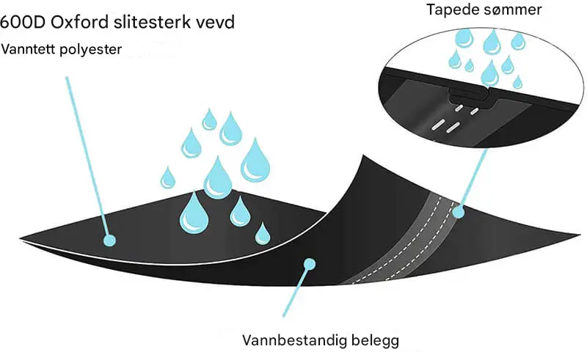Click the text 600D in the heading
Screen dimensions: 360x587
[x=21, y=22]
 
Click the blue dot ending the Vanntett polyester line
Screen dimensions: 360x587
[x=109, y=239]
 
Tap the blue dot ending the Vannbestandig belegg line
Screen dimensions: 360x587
[x=310, y=261]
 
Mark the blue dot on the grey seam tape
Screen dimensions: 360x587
[x=459, y=213]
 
